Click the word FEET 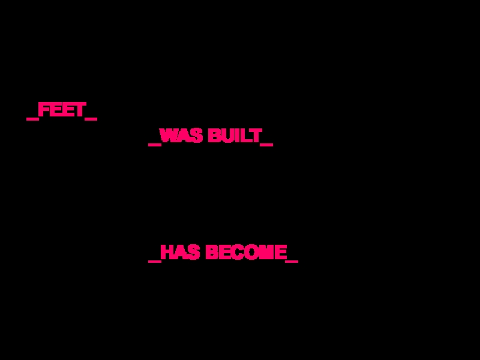point(62,110)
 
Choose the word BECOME point(246,253)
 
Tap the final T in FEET point(80,110)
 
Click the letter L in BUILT point(247,136)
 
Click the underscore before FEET point(32,119)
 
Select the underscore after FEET point(91,119)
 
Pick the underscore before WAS point(154,145)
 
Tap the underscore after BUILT point(267,145)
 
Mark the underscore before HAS point(154,261)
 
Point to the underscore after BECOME point(292,261)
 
